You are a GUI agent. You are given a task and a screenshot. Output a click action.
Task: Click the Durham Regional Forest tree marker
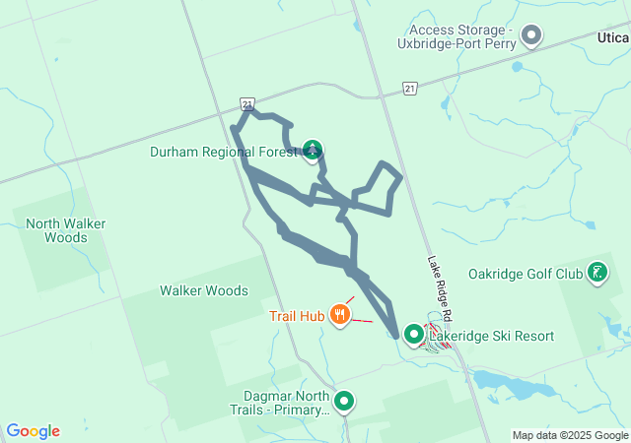pos(313,151)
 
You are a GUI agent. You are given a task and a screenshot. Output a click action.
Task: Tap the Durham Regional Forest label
pos(224,152)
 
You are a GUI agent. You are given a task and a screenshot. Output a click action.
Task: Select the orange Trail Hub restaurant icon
pos(340,315)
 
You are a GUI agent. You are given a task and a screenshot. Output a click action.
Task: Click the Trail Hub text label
pos(297,316)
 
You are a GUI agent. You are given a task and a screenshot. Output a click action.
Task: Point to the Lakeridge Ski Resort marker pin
pos(414,335)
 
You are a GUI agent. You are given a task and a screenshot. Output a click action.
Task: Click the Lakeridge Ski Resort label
pos(491,336)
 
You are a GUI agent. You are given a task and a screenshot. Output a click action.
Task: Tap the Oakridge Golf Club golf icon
pos(596,273)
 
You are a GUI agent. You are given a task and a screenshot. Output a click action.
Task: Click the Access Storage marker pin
pos(531,36)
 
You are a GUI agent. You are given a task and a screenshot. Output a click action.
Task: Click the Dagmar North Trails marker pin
pos(344,401)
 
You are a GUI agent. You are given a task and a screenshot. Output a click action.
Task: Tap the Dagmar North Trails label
pos(279,403)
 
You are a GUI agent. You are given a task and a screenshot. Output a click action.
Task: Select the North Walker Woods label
pos(66,230)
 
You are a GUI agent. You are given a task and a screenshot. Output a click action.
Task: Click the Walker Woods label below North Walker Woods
pos(204,290)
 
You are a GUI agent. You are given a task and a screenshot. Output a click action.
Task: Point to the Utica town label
pos(611,35)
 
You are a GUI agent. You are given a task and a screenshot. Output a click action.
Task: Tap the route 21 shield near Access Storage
pos(410,89)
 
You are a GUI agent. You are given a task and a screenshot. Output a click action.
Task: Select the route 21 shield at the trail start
pos(247,103)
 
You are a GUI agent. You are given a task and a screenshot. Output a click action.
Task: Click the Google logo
pos(34,431)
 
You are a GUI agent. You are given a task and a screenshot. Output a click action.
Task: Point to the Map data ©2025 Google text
pos(570,435)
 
